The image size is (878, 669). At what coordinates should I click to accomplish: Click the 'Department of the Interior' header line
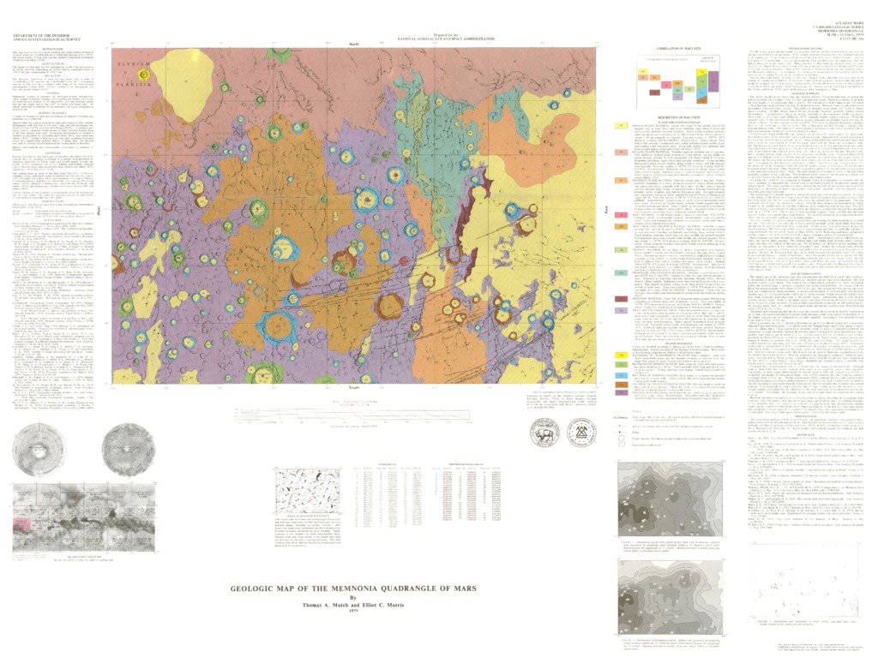[44, 34]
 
